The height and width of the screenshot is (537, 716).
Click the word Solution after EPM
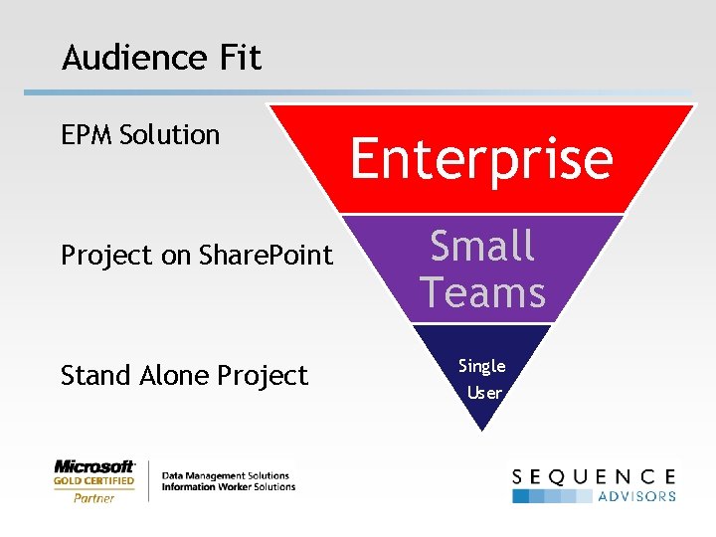point(169,135)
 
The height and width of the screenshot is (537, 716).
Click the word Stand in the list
point(92,376)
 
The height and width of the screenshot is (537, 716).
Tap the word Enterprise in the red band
point(481,159)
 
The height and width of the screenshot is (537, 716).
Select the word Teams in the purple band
point(482,293)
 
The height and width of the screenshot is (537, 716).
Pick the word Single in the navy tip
point(482,366)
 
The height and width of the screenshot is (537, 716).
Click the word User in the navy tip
point(484,392)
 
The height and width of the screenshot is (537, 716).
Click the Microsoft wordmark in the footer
point(94,465)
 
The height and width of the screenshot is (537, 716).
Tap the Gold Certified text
point(93,481)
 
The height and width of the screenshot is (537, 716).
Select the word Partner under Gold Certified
point(93,497)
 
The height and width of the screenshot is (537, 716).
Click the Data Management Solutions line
point(225,475)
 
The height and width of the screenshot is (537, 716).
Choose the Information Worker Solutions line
point(228,487)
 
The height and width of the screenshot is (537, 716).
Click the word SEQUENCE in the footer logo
point(595,476)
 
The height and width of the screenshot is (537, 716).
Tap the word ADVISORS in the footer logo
point(636,496)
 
